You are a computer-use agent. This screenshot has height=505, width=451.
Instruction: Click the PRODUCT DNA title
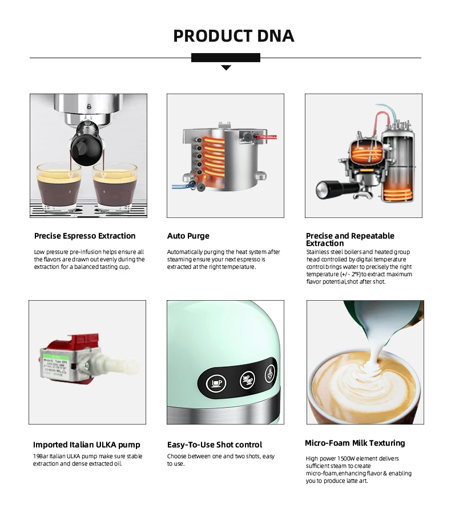pyautogui.click(x=233, y=36)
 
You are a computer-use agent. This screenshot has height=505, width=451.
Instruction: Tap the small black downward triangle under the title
pyautogui.click(x=226, y=67)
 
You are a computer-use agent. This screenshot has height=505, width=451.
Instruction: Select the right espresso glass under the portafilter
pyautogui.click(x=115, y=187)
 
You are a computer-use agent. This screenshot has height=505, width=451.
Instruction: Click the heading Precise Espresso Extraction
pyautogui.click(x=84, y=236)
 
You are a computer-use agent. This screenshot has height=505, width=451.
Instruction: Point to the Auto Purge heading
pyautogui.click(x=188, y=236)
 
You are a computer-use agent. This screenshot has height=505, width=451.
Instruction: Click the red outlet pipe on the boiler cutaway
pyautogui.click(x=267, y=137)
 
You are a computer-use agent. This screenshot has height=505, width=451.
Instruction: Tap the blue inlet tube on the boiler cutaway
pyautogui.click(x=180, y=185)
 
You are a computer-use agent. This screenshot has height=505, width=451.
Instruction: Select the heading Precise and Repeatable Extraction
pyautogui.click(x=350, y=239)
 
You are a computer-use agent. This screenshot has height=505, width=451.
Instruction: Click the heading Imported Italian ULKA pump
pyautogui.click(x=86, y=445)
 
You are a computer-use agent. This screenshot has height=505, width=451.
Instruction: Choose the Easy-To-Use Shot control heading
pyautogui.click(x=215, y=445)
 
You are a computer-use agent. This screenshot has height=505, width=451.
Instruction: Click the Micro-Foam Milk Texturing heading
pyautogui.click(x=355, y=443)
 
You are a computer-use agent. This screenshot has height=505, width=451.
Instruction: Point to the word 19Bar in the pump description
pyautogui.click(x=42, y=456)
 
